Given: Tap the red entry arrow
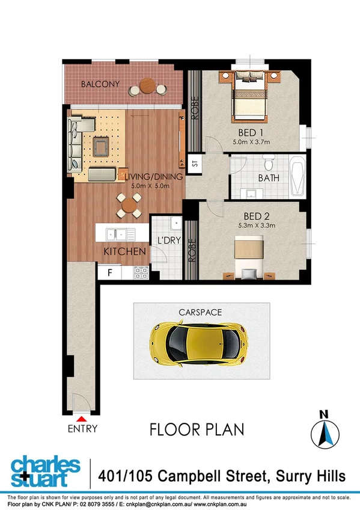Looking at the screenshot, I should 81,417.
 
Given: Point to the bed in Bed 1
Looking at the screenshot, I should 249,96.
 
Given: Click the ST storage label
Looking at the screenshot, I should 195,164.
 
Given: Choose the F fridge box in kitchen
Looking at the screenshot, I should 109,272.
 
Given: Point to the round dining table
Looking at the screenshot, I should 129,205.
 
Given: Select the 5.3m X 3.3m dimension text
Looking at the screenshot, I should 255,226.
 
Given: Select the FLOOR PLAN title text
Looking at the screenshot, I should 197,429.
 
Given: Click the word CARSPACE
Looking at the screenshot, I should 201,312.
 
